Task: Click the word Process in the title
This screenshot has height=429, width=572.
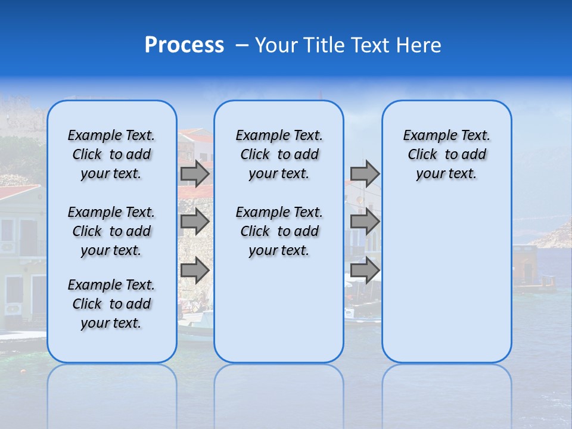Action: pyautogui.click(x=184, y=45)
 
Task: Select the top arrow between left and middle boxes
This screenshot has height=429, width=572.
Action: pyautogui.click(x=195, y=174)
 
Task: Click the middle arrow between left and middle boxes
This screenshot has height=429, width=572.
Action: pyautogui.click(x=195, y=222)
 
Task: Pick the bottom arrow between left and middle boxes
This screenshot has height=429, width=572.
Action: pyautogui.click(x=195, y=271)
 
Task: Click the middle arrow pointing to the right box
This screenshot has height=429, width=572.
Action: pyautogui.click(x=365, y=222)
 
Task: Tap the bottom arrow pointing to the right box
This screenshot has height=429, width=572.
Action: pyautogui.click(x=365, y=271)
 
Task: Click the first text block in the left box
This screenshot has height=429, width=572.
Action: pyautogui.click(x=111, y=154)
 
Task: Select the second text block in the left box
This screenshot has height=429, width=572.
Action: pyautogui.click(x=111, y=231)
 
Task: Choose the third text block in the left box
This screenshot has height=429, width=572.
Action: pyautogui.click(x=111, y=304)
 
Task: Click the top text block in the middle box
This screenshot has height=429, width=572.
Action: pyautogui.click(x=279, y=154)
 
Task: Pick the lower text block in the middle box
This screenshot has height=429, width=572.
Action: pyautogui.click(x=279, y=231)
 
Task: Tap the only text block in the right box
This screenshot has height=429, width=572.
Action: pyautogui.click(x=447, y=154)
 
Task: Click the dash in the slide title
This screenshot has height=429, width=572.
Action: pyautogui.click(x=242, y=46)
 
